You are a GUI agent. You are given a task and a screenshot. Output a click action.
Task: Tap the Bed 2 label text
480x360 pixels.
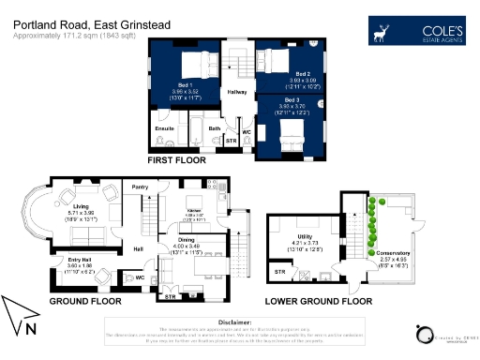tap(302, 74)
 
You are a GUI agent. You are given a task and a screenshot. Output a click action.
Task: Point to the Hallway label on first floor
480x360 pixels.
tap(237, 92)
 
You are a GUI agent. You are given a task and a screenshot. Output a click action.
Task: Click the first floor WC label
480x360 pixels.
tap(247, 132)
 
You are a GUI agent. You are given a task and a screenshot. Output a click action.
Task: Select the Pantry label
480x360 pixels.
tap(142, 187)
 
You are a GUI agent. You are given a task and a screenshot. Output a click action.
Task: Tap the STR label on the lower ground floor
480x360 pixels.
tap(279, 272)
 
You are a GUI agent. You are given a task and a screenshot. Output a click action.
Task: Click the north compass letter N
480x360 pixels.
tap(32, 328)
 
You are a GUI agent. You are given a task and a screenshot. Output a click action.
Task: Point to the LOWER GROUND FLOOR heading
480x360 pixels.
tap(318, 302)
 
